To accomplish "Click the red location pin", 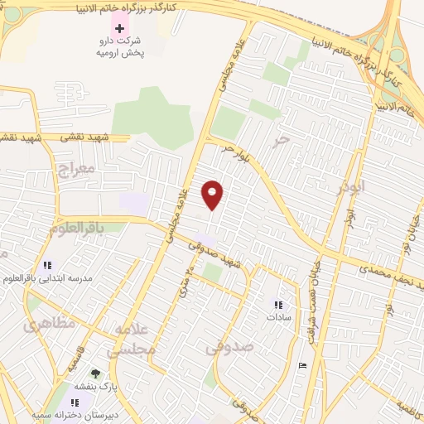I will click(213, 194).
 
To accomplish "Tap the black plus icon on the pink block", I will click(120, 28).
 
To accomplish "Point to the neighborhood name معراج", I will click(76, 168).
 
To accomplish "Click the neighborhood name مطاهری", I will click(49, 323).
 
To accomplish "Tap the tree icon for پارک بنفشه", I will click(95, 373).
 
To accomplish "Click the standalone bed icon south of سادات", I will click(302, 365).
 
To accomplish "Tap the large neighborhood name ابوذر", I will click(351, 186).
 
